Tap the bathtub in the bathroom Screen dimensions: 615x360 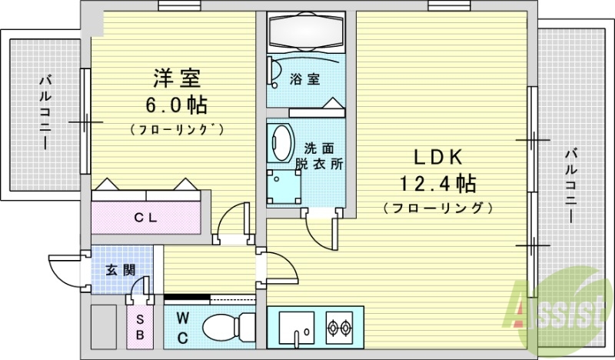305,32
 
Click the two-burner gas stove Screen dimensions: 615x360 339,327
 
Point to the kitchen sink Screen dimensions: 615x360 297,327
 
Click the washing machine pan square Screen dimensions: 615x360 284,187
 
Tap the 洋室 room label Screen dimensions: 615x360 177,78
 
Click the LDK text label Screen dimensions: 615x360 438,157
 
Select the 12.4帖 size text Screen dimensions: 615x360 437,183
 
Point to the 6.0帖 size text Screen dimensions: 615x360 177,105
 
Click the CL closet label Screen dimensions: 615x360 145,217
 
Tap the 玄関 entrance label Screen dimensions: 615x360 121,270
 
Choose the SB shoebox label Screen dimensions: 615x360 140,328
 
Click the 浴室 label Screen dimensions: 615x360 304,79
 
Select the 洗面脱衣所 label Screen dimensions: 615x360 319,156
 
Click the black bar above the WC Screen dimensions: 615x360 187,297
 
